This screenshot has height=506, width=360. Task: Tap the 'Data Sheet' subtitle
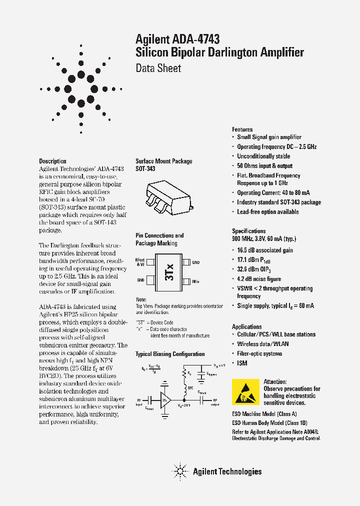[158, 68]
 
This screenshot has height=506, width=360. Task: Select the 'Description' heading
[52, 161]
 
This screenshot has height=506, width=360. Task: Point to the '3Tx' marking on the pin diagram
[169, 271]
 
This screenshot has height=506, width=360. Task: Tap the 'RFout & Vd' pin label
[140, 262]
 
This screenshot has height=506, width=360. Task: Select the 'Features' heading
[242, 129]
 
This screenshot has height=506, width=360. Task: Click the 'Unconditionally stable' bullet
[263, 156]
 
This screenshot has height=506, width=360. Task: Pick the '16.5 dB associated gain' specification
[265, 250]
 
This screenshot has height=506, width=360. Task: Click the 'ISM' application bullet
[242, 363]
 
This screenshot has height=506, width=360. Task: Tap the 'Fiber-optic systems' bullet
[259, 353]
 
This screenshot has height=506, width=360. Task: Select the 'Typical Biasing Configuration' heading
[170, 354]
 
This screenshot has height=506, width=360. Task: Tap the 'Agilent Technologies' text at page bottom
[227, 471]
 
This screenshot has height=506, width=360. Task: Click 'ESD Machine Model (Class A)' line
[264, 414]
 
